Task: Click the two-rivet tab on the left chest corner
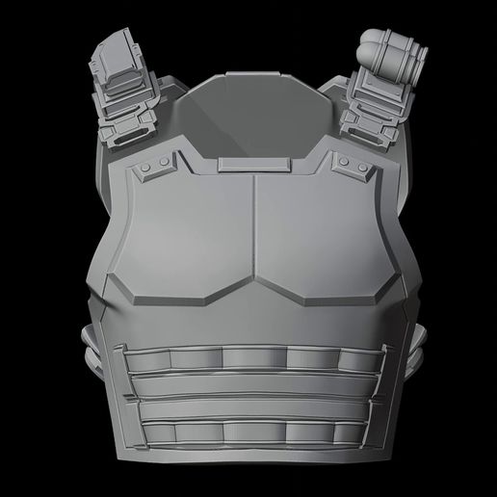tap(153, 171)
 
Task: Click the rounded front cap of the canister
tap(374, 41)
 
